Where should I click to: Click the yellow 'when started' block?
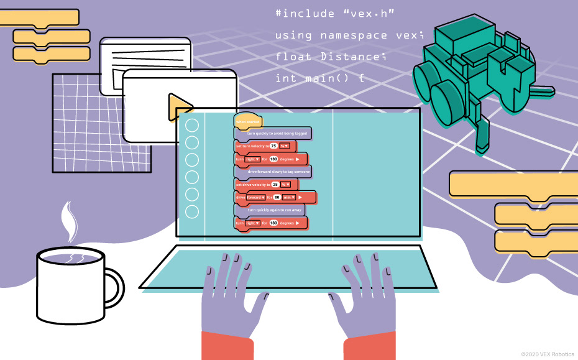(247, 121)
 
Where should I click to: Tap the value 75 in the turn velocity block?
(273, 146)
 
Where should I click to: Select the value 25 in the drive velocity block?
(275, 185)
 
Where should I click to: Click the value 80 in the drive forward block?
(277, 197)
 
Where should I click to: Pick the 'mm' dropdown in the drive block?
(290, 197)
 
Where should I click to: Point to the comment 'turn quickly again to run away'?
(274, 210)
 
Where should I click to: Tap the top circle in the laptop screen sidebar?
(192, 126)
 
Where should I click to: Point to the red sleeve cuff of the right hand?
(369, 348)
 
